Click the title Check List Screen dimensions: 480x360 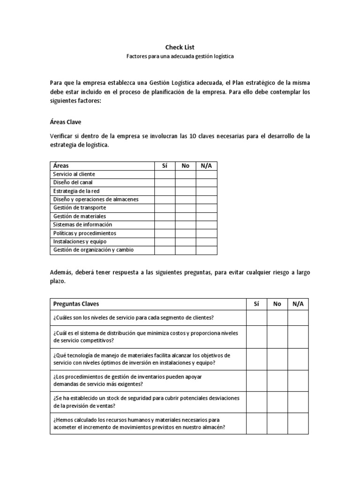tap(180, 47)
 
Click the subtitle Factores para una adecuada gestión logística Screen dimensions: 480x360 tap(180, 56)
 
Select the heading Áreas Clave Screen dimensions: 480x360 tap(65, 122)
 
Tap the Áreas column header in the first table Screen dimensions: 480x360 tap(61, 166)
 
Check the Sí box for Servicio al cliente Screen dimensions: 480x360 tap(165, 174)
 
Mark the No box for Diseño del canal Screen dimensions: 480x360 tap(186, 183)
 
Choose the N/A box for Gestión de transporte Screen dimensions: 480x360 tap(206, 208)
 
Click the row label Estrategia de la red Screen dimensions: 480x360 tap(76, 191)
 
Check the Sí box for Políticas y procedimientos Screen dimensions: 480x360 tap(165, 233)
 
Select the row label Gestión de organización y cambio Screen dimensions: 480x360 tap(93, 250)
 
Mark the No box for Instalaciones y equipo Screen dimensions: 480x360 tap(186, 241)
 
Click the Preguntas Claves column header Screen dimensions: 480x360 tap(76, 304)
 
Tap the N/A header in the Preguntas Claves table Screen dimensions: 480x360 tap(298, 304)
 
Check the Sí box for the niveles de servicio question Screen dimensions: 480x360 tap(256, 318)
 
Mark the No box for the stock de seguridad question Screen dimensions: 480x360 tap(277, 402)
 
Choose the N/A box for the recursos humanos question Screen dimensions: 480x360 tap(298, 423)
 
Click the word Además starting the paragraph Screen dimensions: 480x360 tap(61, 273)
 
